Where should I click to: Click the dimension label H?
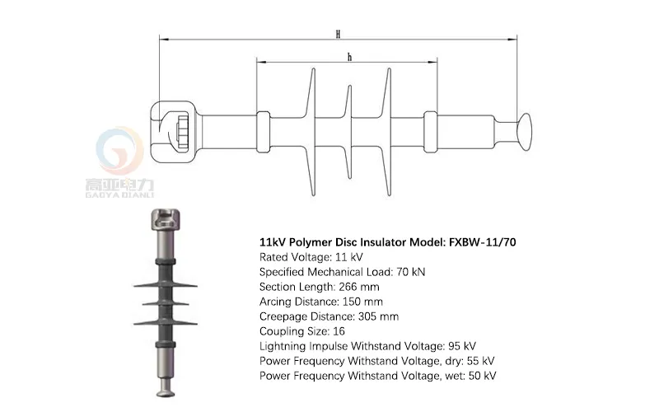coord(338,34)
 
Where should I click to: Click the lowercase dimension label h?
coord(349,57)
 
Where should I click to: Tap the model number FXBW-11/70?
coord(483,242)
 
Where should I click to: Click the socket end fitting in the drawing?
coord(174,129)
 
